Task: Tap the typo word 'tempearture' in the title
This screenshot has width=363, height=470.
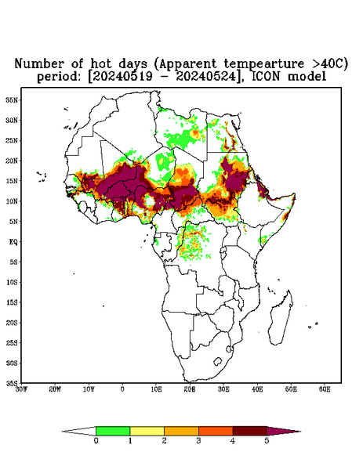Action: tap(260, 64)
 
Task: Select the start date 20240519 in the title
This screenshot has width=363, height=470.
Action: tap(122, 77)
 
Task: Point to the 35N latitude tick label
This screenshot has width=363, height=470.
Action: tap(12, 100)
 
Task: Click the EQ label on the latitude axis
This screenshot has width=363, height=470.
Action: tap(13, 241)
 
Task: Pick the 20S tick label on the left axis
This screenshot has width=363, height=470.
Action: tap(12, 323)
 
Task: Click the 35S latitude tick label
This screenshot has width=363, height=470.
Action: tap(12, 383)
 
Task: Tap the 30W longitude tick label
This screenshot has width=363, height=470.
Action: tap(21, 389)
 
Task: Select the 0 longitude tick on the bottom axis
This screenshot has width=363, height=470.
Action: tap(122, 389)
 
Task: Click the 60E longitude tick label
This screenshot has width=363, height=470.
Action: tap(325, 389)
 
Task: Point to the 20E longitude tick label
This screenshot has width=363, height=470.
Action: tap(190, 389)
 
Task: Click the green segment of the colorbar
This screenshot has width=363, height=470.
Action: tap(113, 431)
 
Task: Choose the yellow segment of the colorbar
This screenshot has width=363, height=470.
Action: tap(147, 431)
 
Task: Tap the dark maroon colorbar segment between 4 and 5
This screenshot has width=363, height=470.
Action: tap(250, 431)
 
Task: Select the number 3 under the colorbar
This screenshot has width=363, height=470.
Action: tap(198, 441)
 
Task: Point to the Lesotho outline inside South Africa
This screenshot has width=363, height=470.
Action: tap(218, 361)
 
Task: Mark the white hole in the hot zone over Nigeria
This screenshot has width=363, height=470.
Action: tap(150, 201)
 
